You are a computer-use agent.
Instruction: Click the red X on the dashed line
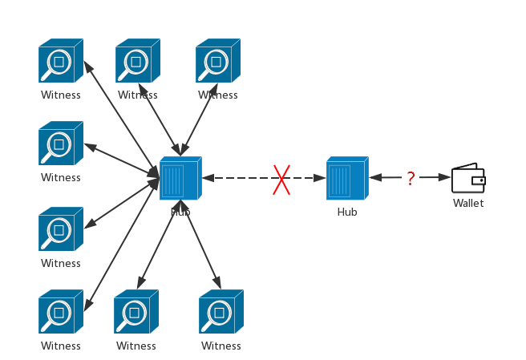[281, 180]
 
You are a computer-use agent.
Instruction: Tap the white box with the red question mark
[411, 178]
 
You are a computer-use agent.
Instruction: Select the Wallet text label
[468, 204]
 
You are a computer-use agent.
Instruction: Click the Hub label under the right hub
[347, 212]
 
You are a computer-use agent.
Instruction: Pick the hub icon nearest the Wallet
[347, 179]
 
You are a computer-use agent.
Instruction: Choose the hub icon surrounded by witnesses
[180, 179]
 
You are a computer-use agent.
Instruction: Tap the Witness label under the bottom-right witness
[221, 346]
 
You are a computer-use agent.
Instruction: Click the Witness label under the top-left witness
[61, 95]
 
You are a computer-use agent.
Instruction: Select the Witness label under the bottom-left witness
[61, 346]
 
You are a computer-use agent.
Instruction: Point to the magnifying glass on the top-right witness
[213, 63]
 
